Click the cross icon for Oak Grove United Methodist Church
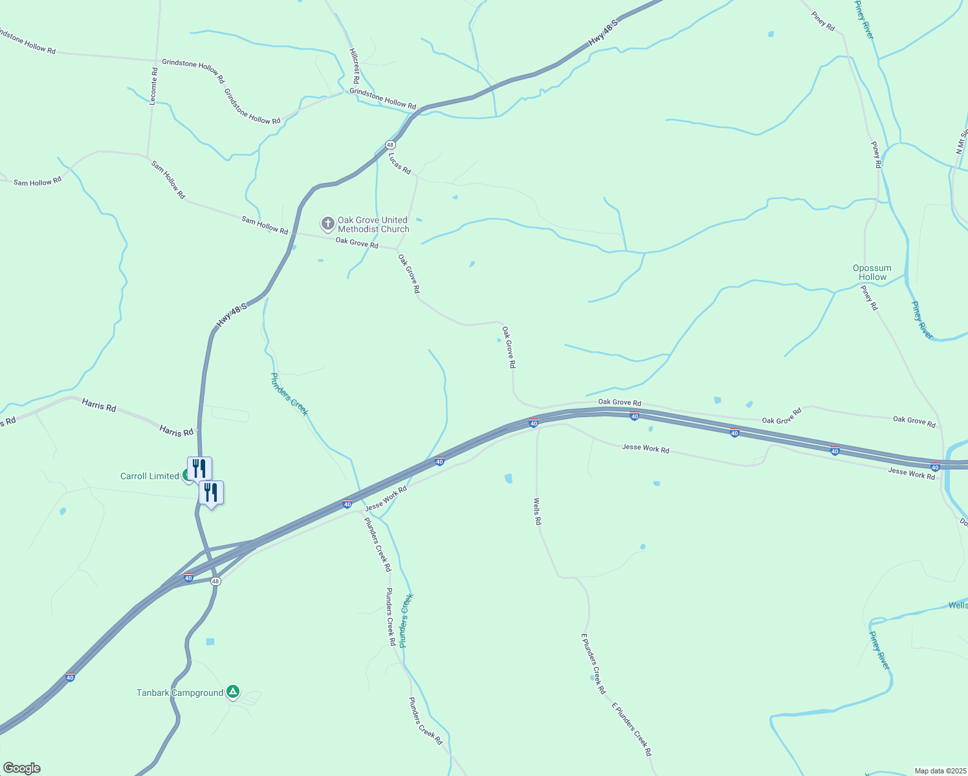(328, 224)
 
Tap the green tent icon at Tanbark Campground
(233, 693)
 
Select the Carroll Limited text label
(149, 476)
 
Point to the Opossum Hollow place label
(872, 272)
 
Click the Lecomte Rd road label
(153, 86)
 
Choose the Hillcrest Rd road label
(354, 66)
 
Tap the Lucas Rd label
(399, 163)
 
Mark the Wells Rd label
(537, 511)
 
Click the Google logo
(21, 768)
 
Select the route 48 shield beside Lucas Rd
(390, 145)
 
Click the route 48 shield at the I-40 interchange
(215, 581)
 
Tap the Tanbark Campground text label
(180, 693)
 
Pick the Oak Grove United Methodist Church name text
(373, 224)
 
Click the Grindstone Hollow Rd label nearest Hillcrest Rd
(382, 98)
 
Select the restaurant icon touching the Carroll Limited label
(199, 468)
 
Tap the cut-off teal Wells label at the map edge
(958, 605)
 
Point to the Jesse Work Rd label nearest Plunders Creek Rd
(386, 499)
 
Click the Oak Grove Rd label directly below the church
(357, 243)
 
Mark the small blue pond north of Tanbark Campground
(210, 641)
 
